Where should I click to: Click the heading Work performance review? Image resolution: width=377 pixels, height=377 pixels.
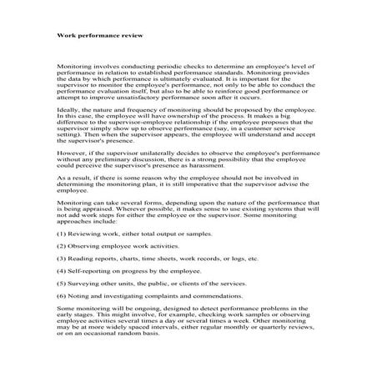pyautogui.click(x=99, y=37)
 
